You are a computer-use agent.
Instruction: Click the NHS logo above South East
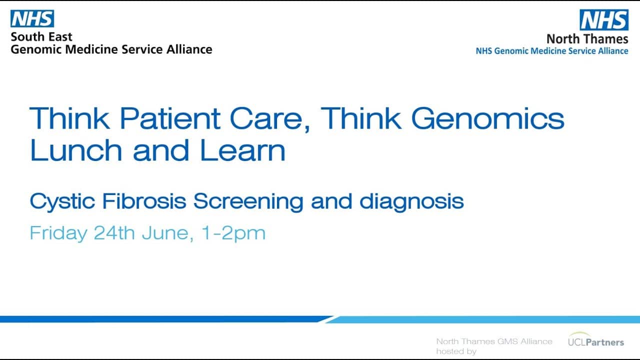click(32, 18)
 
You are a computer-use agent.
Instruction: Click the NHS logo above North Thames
click(604, 19)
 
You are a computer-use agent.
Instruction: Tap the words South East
click(41, 37)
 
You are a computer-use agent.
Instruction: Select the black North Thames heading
click(587, 38)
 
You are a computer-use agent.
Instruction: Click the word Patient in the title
click(169, 118)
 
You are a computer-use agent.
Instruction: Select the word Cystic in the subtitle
click(62, 202)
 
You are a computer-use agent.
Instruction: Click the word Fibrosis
click(144, 201)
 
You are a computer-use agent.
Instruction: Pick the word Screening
click(248, 202)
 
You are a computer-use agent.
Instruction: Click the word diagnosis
click(411, 202)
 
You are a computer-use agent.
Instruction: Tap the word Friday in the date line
click(58, 233)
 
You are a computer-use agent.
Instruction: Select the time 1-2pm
click(233, 233)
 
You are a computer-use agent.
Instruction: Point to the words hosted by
click(456, 351)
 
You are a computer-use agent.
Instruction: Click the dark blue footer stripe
click(165, 319)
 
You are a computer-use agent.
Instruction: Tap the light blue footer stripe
click(483, 319)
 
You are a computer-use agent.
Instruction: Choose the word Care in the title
click(269, 119)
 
